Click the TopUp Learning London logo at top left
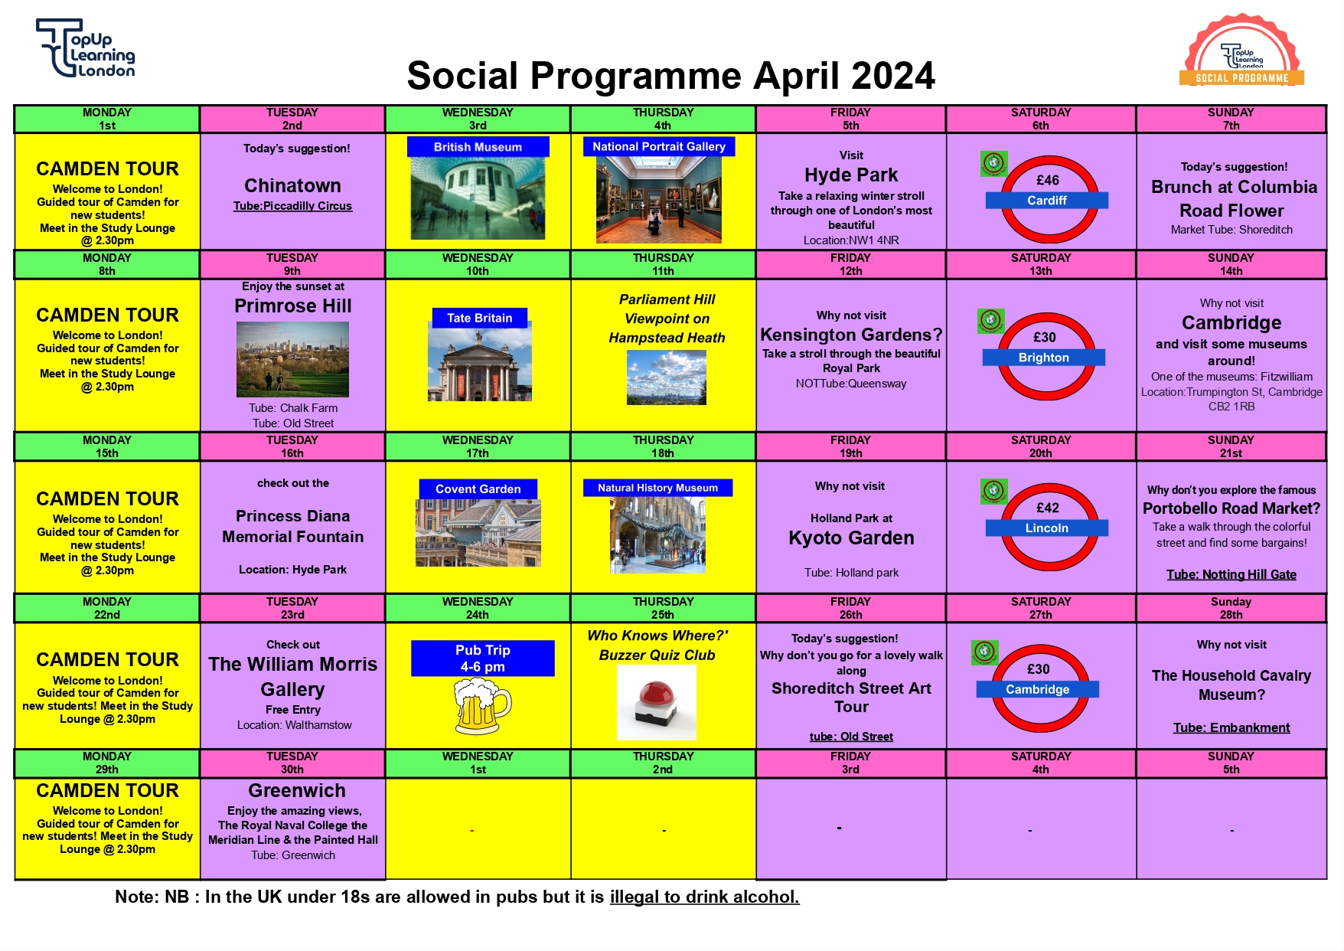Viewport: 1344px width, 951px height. tap(86, 48)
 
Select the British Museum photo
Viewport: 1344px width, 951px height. tap(478, 198)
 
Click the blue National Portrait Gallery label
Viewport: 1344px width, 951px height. tap(658, 146)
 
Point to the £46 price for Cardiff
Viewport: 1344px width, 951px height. tap(1047, 180)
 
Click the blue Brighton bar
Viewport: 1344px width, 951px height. tap(1043, 358)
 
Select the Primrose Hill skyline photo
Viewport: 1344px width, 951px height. tap(292, 358)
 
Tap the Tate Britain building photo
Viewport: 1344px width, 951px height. tap(479, 364)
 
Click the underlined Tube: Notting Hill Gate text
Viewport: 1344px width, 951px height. tap(1231, 574)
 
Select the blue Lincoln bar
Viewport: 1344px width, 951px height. tap(1046, 528)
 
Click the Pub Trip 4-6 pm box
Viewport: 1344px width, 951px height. tap(482, 658)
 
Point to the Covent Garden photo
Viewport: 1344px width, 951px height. tap(478, 532)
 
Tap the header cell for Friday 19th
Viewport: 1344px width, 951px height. tap(850, 446)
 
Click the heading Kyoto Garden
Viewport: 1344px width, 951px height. tap(851, 538)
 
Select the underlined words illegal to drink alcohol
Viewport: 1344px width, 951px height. tap(704, 897)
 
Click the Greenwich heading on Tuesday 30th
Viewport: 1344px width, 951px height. tap(296, 790)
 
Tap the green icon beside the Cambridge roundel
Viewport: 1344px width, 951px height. tap(984, 652)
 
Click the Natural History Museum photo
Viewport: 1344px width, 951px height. tap(657, 534)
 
